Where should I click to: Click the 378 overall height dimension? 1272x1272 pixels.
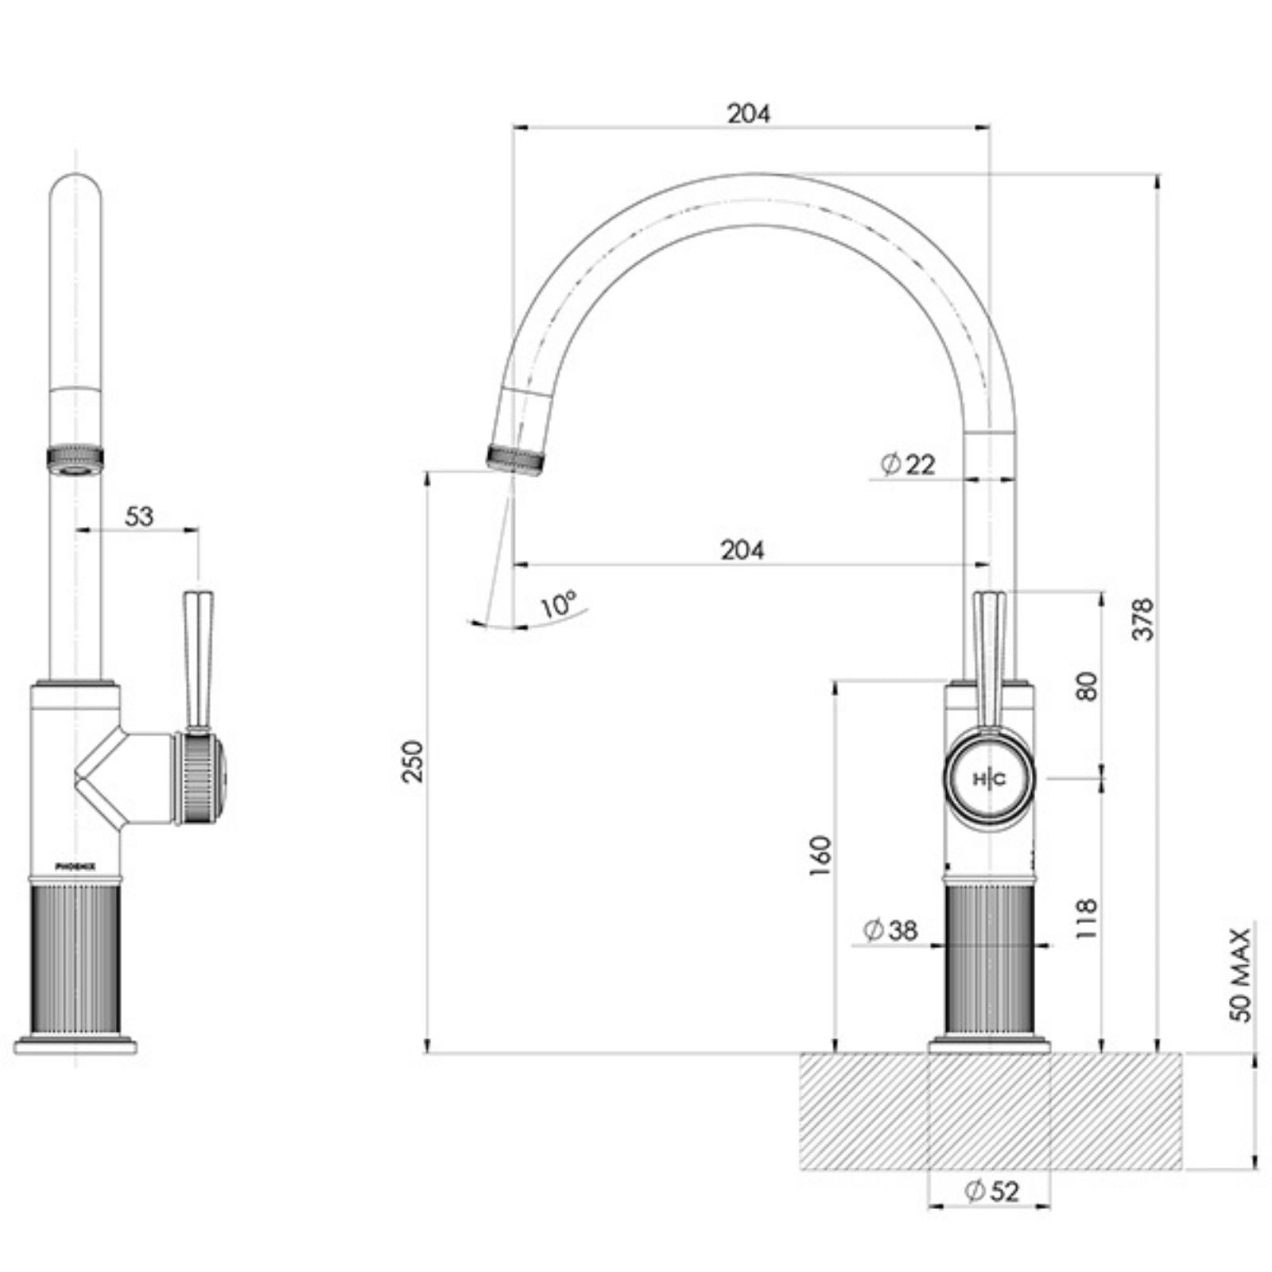coord(1142,619)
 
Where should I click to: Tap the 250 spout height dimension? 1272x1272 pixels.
coord(413,761)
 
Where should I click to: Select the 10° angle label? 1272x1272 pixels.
coord(558,604)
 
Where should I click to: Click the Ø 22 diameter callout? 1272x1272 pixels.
coord(909,463)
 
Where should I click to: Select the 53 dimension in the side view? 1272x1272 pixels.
coord(138,516)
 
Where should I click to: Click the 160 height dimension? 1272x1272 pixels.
coord(820,856)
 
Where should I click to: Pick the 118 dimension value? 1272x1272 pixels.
coord(1086,918)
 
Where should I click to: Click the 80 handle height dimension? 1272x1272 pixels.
coord(1088,685)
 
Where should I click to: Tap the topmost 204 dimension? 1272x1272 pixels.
coord(749,114)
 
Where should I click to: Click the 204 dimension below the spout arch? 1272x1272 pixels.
coord(743,549)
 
